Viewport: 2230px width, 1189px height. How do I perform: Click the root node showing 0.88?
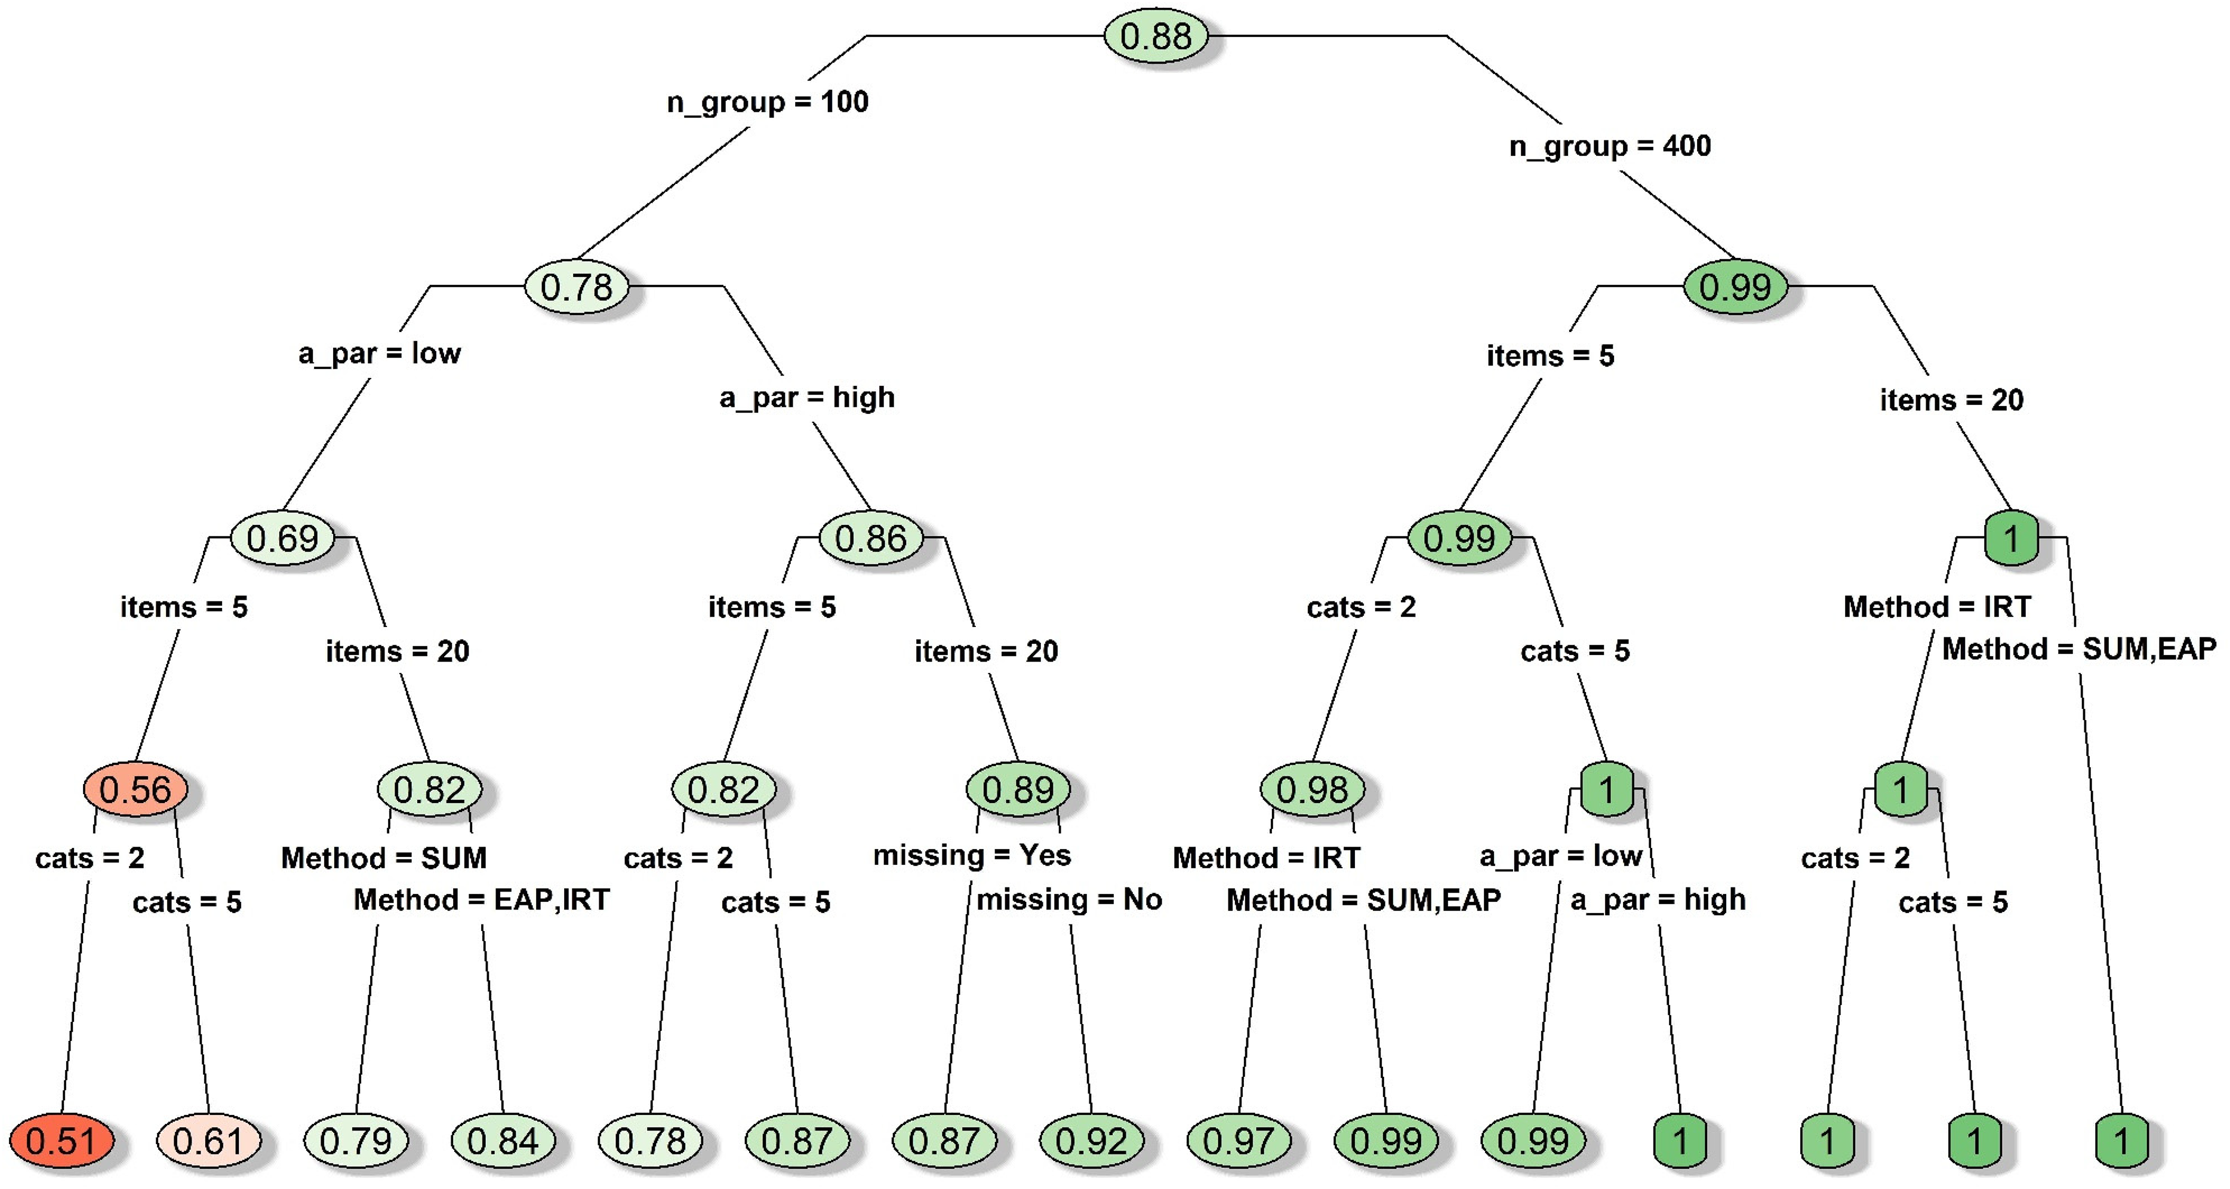[x=1156, y=36]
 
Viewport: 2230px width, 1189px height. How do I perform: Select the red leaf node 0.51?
[x=61, y=1141]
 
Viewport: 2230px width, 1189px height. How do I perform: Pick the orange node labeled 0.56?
[x=135, y=789]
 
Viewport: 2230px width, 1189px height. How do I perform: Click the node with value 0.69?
[x=282, y=538]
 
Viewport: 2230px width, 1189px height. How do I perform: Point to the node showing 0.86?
[x=871, y=538]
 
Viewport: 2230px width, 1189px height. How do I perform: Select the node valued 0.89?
[x=1018, y=789]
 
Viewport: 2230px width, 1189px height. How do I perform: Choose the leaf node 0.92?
[x=1092, y=1141]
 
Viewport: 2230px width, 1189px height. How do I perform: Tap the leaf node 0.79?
[x=356, y=1141]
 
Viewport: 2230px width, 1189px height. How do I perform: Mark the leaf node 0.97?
[x=1239, y=1141]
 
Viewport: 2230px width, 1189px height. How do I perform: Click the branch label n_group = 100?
[x=768, y=102]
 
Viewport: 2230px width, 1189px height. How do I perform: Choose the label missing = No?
[x=1069, y=900]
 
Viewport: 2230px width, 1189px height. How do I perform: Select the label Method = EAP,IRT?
[x=481, y=901]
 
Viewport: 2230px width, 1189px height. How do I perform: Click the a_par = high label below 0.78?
[x=807, y=398]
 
